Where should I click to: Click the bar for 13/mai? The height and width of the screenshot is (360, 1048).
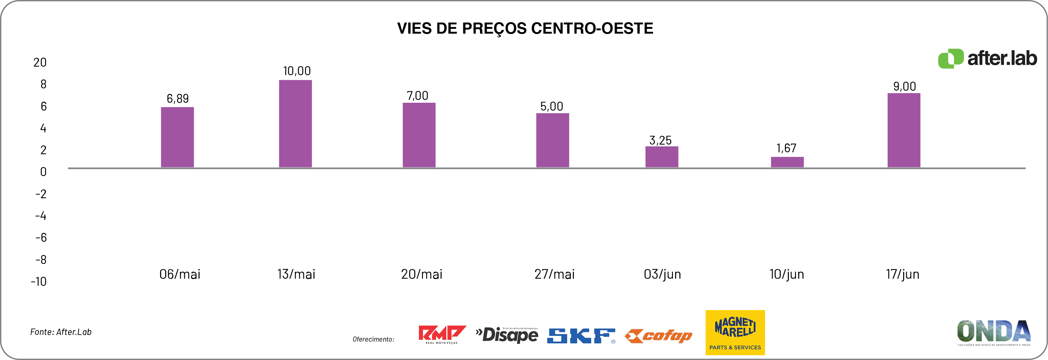click(x=295, y=124)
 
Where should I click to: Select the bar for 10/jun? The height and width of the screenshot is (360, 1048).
click(x=787, y=162)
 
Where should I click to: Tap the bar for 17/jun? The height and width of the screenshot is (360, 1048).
click(x=904, y=130)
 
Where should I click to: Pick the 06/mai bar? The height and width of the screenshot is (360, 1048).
click(x=177, y=137)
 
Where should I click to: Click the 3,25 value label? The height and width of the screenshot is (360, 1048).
click(x=660, y=140)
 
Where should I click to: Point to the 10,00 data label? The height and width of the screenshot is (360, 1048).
click(x=297, y=71)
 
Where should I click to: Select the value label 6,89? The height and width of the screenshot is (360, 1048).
click(x=178, y=98)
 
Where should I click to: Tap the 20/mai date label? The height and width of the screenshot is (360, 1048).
click(x=422, y=274)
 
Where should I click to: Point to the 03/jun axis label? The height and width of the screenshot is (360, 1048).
click(x=662, y=274)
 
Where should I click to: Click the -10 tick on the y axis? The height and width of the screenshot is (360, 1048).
click(x=39, y=282)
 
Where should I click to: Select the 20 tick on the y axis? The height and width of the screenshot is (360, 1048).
click(x=40, y=62)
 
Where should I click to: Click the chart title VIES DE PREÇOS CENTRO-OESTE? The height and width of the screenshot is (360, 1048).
click(x=525, y=28)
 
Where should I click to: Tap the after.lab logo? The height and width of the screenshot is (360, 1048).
click(x=987, y=58)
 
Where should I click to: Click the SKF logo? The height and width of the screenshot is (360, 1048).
click(x=581, y=336)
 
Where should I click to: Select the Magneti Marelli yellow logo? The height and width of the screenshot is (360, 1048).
click(x=735, y=332)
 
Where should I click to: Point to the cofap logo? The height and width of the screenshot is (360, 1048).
click(x=658, y=336)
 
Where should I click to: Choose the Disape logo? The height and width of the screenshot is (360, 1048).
click(x=507, y=335)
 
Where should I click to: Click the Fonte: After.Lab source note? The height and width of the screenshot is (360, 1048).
click(x=61, y=332)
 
